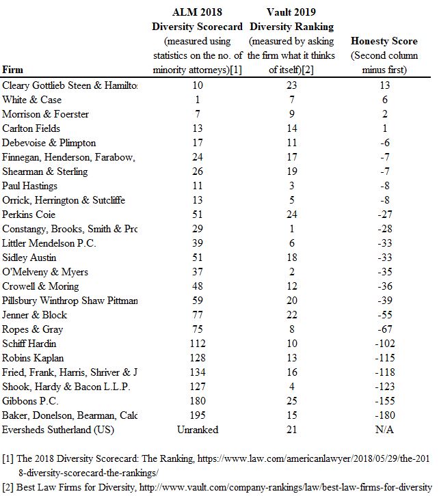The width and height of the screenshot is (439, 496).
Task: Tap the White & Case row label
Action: coord(31,100)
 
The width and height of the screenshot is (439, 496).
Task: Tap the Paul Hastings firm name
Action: coord(29,186)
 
